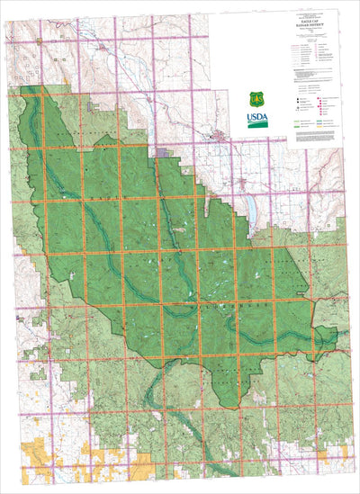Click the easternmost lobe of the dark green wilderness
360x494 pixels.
pyautogui.click(x=328, y=335)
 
